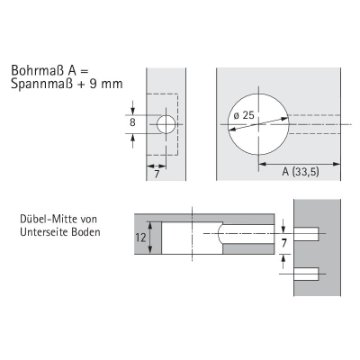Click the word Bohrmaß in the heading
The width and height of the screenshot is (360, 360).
tap(38, 71)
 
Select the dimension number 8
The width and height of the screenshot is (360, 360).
tap(132, 122)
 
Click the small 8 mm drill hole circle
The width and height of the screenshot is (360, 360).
tap(166, 124)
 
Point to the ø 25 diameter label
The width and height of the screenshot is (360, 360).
tap(244, 115)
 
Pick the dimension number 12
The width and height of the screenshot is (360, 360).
tap(140, 238)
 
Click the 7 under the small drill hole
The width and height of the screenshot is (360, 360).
tap(157, 174)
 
